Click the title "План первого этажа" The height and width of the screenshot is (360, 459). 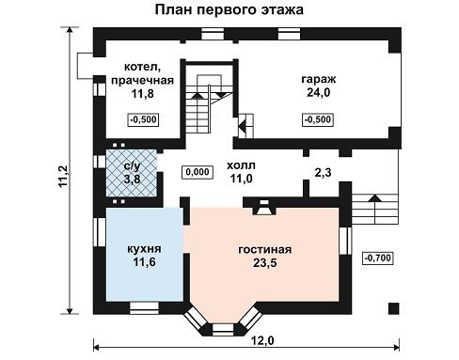pos(229,10)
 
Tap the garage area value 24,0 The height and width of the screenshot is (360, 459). pos(319,93)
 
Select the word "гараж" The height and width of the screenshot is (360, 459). pos(319,79)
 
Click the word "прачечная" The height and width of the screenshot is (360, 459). pos(142,81)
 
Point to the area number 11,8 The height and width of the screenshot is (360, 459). pos(143,93)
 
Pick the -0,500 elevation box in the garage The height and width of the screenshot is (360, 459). pos(318,119)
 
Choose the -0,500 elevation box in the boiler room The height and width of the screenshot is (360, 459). pos(143,119)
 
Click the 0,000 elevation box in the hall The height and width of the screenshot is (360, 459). pos(198,172)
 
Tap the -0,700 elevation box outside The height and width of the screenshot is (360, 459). pos(378,258)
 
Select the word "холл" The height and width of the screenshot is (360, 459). pos(241,165)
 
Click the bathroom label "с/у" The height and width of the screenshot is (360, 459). pos(132,166)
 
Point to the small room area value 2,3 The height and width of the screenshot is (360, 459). pos(323,173)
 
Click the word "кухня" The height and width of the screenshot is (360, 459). pos(144,249)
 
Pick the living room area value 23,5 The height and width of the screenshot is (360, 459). pos(265,263)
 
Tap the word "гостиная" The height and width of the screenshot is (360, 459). pos(265,250)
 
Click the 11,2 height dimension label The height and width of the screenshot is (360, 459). pos(63,177)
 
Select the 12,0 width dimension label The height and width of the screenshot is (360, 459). pos(262,340)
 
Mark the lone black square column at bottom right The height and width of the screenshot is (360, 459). pos(394,308)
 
